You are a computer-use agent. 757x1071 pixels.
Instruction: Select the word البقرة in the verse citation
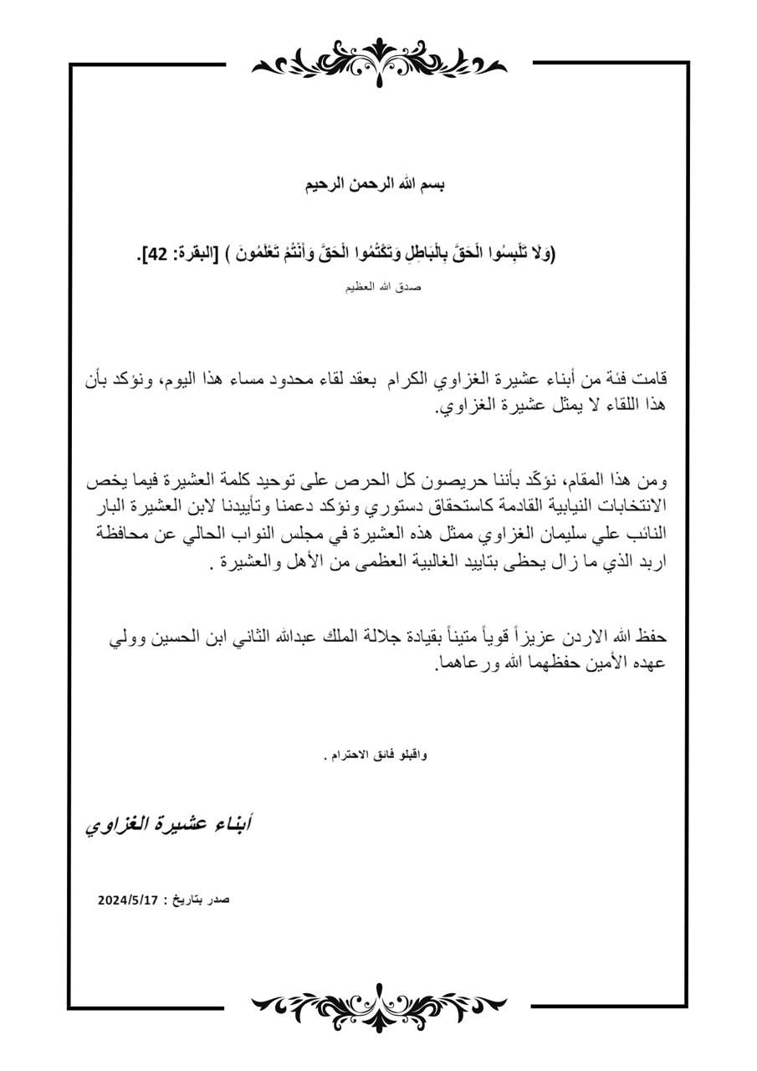click(x=192, y=254)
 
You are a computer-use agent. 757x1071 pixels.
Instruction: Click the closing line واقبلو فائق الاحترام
click(x=375, y=755)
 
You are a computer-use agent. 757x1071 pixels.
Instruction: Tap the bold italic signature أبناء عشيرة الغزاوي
click(x=169, y=824)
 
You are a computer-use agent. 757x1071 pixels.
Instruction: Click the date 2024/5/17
click(x=128, y=900)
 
